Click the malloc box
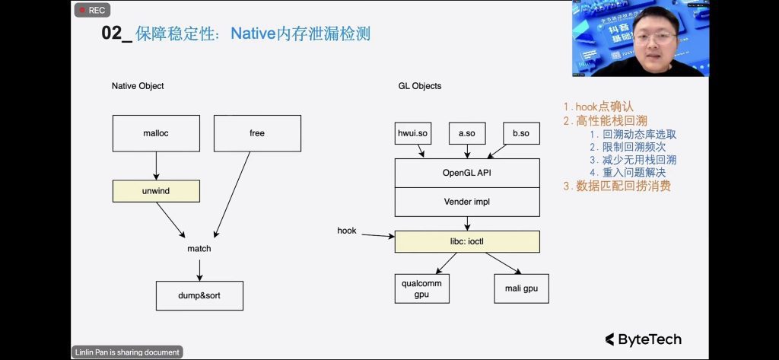tap(156, 133)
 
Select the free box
tap(257, 133)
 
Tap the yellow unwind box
tap(156, 191)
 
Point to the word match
tap(199, 249)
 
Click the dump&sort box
tap(199, 295)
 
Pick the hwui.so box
tap(414, 133)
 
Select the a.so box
tap(466, 133)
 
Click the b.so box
tap(520, 133)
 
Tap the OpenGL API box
tap(467, 173)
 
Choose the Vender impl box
tap(467, 202)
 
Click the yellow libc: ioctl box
tap(467, 242)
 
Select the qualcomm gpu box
tap(421, 288)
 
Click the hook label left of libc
tap(347, 230)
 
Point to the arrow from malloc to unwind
tap(156, 165)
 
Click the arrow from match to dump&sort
tap(199, 268)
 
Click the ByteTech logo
tap(643, 339)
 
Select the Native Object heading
tap(138, 86)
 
